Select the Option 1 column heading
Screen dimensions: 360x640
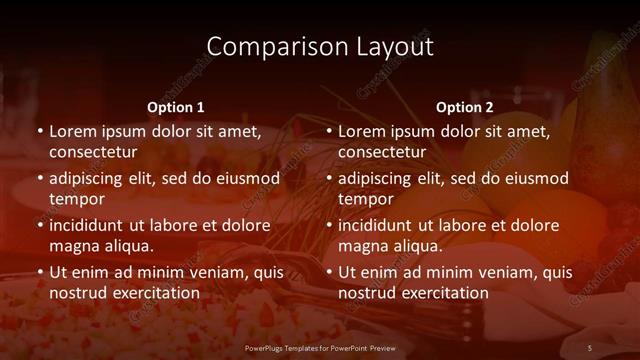[176, 106]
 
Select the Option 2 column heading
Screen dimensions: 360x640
[465, 106]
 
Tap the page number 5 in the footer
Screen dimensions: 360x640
[590, 347]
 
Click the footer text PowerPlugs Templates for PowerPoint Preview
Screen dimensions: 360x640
[320, 347]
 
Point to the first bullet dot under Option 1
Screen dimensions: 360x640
[40, 131]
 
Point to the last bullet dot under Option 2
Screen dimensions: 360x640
[329, 272]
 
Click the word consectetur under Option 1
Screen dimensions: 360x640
[93, 152]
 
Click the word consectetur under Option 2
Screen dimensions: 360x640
[382, 152]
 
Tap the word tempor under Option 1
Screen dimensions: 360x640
[77, 199]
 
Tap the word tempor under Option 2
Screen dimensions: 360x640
[366, 199]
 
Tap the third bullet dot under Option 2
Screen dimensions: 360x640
[329, 225]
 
